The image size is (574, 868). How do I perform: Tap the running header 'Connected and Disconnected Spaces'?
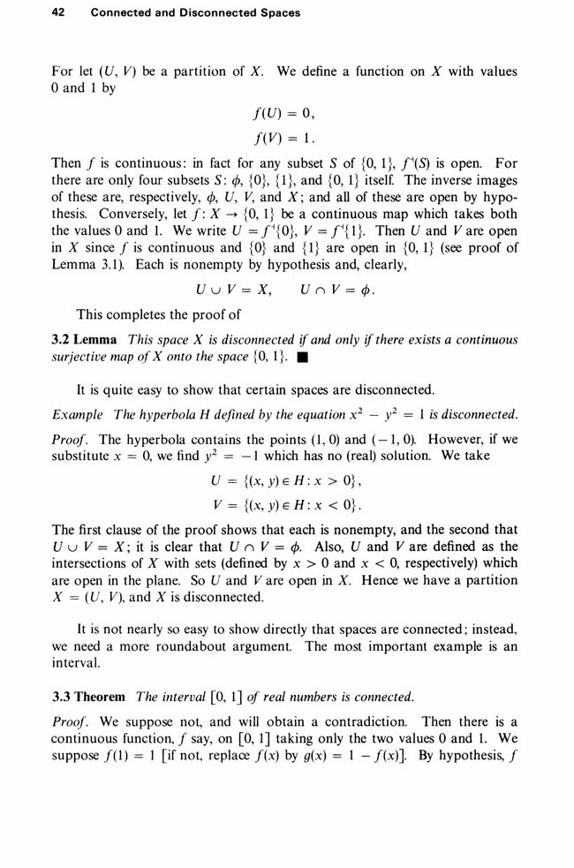(x=195, y=13)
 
